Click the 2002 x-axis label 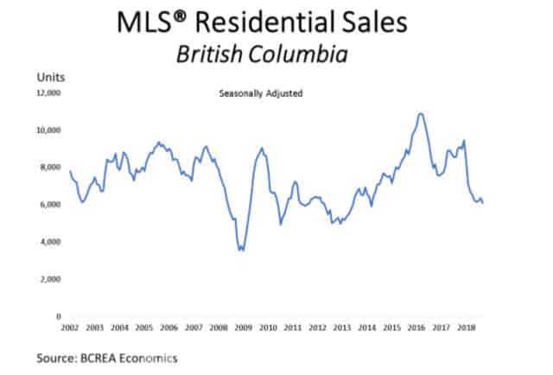[x=71, y=328]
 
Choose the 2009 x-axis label [x=244, y=328]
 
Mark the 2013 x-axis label [x=342, y=328]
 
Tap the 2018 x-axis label [x=466, y=328]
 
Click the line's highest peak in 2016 [x=420, y=113]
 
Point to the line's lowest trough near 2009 [x=242, y=250]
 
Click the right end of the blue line [x=483, y=203]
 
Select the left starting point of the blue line [x=71, y=171]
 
